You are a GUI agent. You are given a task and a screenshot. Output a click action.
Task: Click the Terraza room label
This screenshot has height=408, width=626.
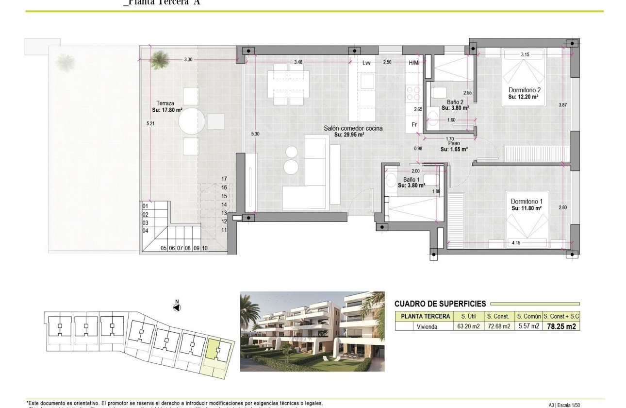click(x=165, y=103)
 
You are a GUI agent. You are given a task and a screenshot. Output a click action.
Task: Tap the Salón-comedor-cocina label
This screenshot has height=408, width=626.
click(x=353, y=128)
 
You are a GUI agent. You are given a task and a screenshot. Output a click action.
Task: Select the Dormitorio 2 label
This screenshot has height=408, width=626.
click(x=524, y=90)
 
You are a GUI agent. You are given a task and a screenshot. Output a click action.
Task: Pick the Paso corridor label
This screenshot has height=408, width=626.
click(x=454, y=143)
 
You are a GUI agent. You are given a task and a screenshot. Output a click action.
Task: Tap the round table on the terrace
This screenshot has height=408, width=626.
click(x=191, y=121)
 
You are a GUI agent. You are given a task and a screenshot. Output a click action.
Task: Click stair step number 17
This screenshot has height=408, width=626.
click(x=224, y=179)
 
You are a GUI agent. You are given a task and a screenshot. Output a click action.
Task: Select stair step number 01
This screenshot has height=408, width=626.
click(x=145, y=206)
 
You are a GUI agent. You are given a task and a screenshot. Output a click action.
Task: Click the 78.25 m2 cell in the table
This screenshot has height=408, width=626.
click(x=561, y=326)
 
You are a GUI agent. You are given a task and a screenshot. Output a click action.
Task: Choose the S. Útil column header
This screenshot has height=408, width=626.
click(x=468, y=317)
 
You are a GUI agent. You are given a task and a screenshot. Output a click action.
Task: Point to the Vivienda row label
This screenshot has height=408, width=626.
click(x=427, y=326)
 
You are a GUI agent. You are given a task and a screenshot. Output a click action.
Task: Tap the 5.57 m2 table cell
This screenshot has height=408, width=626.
click(x=528, y=326)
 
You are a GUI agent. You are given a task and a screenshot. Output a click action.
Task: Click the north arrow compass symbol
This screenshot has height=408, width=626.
click(x=177, y=306)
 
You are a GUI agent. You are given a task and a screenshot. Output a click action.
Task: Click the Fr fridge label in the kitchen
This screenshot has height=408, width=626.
click(x=414, y=124)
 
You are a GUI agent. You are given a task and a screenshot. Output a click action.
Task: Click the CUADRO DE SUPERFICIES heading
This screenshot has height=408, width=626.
click(x=440, y=304)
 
